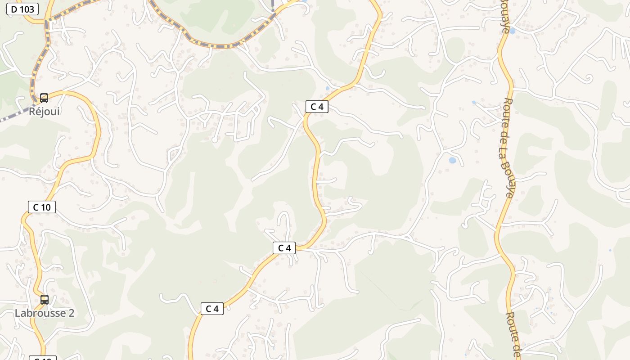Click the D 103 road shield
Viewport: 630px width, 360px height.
(x=22, y=9)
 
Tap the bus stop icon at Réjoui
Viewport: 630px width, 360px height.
(x=44, y=98)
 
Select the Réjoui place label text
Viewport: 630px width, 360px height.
(x=44, y=111)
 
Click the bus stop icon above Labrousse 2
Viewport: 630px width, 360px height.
(x=45, y=299)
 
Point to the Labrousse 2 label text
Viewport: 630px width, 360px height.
(x=44, y=313)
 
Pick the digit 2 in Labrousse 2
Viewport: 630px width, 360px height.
(x=71, y=313)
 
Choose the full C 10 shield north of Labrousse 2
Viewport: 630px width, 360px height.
(x=42, y=207)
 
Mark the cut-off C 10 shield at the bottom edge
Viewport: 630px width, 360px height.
(x=43, y=358)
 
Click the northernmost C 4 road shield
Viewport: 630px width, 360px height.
(x=317, y=107)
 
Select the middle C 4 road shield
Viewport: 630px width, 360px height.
(x=284, y=248)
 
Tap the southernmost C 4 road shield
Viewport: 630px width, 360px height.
(x=212, y=309)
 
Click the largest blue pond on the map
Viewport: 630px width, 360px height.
(x=452, y=160)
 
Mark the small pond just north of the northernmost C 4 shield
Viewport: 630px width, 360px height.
(x=327, y=88)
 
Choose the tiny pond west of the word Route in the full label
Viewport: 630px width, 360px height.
(x=474, y=103)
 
